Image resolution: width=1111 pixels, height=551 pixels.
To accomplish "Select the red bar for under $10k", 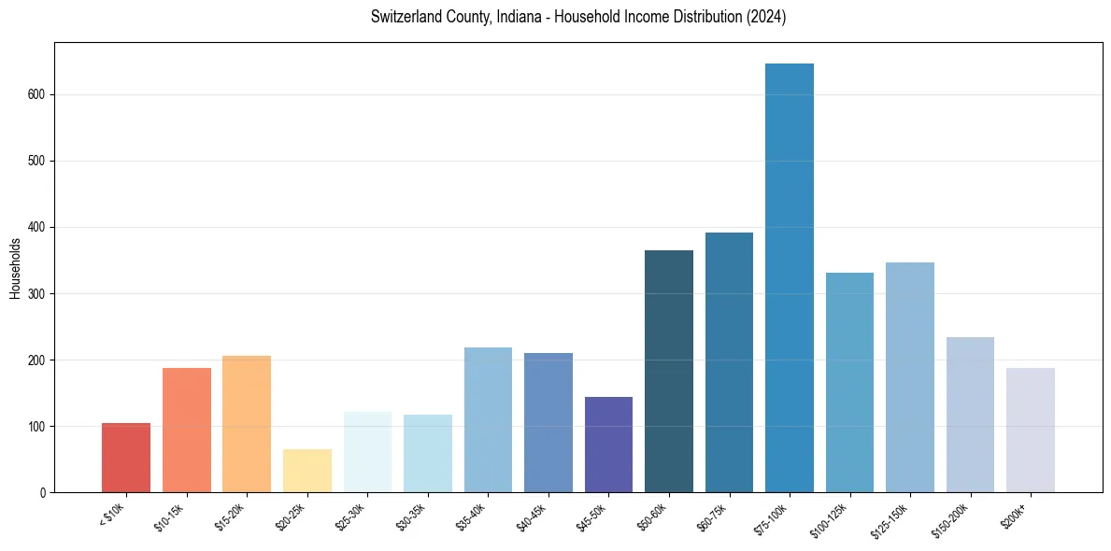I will [x=126, y=458].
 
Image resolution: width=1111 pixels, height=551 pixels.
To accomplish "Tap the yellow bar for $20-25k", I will [x=307, y=471].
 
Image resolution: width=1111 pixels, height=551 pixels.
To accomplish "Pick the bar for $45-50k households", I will [x=608, y=445].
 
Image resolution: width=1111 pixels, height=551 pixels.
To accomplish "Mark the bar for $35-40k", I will [x=488, y=419].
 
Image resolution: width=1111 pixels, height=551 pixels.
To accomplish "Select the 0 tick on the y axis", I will [x=44, y=492].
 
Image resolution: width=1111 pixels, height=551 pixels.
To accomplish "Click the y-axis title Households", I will [x=15, y=268].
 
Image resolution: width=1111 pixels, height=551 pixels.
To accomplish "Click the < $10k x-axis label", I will [x=114, y=513].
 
